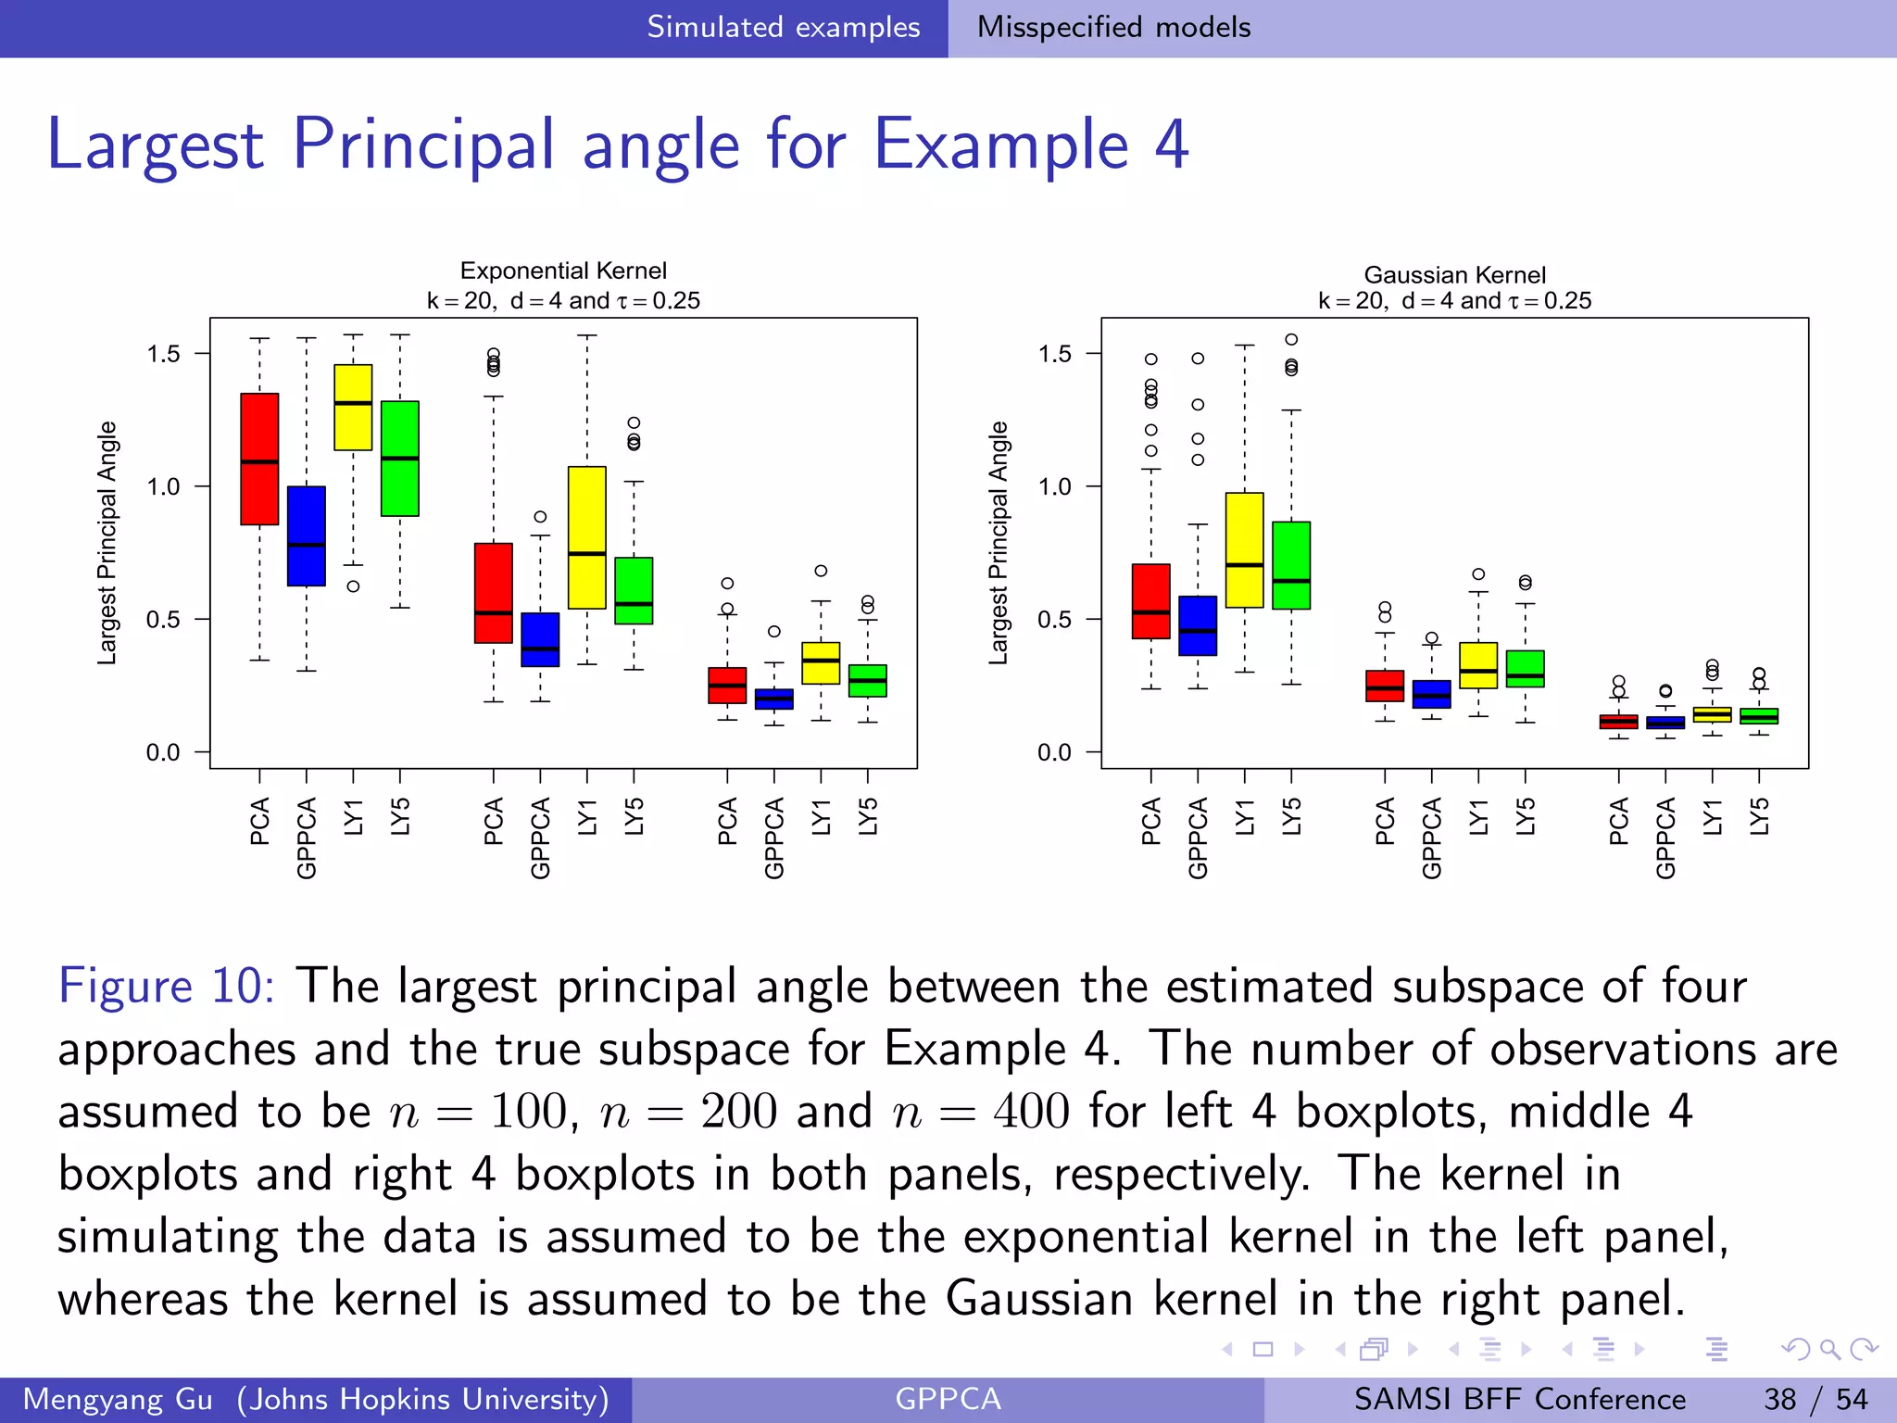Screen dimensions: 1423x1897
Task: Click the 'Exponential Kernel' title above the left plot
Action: click(563, 271)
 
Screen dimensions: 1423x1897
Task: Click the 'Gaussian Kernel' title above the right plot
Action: click(1454, 275)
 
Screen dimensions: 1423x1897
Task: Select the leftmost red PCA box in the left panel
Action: click(259, 459)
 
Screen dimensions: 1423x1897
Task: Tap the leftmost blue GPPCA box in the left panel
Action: click(307, 535)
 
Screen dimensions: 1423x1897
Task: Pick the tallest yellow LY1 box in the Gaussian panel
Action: click(1244, 549)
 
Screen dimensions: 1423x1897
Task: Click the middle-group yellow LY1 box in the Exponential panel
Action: click(586, 537)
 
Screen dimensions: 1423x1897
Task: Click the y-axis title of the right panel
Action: click(998, 543)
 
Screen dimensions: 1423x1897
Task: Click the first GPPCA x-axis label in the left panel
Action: click(307, 837)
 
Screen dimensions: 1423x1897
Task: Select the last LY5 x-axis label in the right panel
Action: click(1759, 816)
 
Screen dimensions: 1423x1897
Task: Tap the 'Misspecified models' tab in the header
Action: click(1113, 27)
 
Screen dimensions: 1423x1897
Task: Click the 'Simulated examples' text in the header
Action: click(783, 27)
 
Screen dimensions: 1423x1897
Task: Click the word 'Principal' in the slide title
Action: click(423, 145)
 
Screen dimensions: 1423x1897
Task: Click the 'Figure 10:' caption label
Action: click(166, 985)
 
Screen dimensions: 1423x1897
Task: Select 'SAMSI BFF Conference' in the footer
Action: click(1519, 1399)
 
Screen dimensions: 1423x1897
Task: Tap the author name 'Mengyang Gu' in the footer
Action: click(118, 1399)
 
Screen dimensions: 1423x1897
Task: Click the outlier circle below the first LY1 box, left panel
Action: click(353, 586)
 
